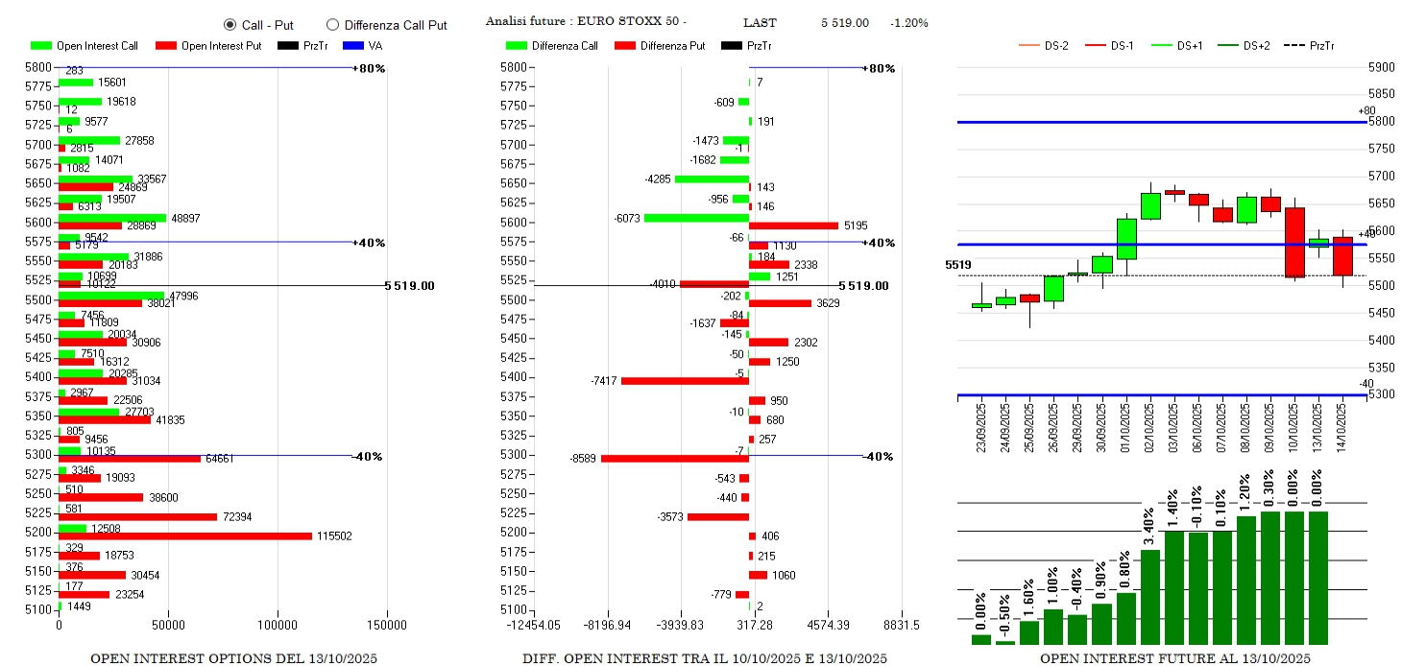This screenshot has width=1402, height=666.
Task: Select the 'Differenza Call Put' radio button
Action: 333,25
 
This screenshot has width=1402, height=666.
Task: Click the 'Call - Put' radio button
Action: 230,25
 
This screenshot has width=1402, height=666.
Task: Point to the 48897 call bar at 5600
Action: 112,218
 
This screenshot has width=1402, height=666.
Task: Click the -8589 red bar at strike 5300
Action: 674,459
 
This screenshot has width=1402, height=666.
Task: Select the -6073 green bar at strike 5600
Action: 696,218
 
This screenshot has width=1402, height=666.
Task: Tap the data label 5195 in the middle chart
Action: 856,226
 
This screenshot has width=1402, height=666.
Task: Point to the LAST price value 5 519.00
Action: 845,23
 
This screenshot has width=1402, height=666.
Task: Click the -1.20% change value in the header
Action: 908,23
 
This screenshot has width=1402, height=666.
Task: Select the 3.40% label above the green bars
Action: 1150,528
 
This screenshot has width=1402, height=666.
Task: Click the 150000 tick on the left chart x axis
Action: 388,626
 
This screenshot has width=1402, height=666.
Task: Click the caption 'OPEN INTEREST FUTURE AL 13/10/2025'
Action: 1174,658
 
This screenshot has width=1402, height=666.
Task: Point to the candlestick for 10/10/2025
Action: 1294,243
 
